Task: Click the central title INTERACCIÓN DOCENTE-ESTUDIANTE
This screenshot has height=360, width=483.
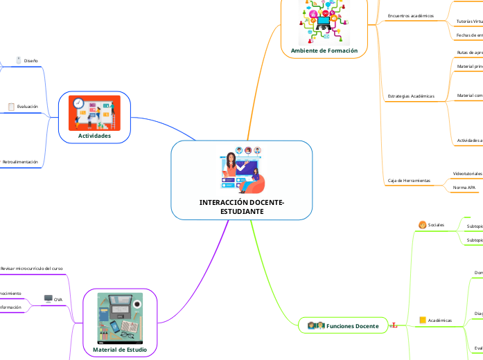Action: (x=241, y=206)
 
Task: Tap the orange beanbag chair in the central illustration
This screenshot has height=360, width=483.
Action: (x=254, y=184)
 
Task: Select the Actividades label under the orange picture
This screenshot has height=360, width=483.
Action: (x=94, y=136)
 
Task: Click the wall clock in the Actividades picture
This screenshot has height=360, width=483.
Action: (x=78, y=103)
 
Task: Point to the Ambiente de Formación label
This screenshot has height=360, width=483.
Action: (x=324, y=51)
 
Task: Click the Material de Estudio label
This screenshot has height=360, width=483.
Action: (x=119, y=350)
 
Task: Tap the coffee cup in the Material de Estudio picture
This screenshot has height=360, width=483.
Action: (x=138, y=304)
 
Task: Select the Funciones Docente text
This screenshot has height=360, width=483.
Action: (x=353, y=326)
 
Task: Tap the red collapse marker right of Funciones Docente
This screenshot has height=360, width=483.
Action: (x=394, y=325)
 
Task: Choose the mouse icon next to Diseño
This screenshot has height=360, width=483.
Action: (x=19, y=61)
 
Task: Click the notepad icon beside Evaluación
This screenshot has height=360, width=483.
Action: (x=11, y=107)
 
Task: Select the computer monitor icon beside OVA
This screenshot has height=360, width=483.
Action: (x=48, y=299)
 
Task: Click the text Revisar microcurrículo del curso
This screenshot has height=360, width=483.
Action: (x=31, y=268)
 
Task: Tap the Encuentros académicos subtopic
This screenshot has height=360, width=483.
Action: (x=410, y=15)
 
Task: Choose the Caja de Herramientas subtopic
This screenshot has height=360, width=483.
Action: (x=408, y=181)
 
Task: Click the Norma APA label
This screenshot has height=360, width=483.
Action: (x=464, y=188)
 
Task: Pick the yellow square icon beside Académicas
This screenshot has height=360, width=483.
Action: (x=421, y=320)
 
